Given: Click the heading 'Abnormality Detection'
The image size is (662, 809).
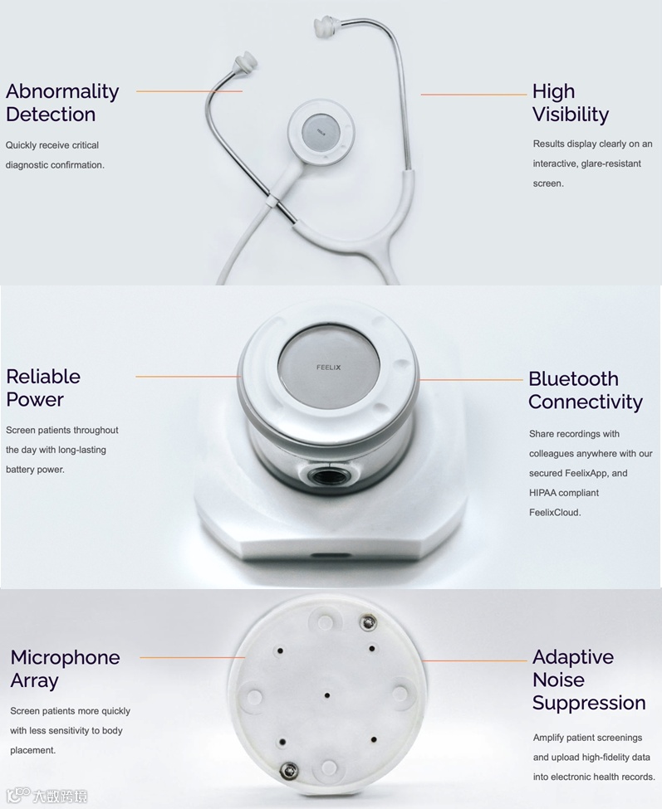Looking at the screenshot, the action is point(62,102).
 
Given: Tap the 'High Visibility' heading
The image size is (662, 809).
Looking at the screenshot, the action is point(571,102).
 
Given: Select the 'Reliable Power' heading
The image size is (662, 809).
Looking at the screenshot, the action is point(43,387).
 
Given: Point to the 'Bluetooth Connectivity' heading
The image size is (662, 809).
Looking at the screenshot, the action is point(586,390).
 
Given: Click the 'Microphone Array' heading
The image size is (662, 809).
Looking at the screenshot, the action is point(65,669).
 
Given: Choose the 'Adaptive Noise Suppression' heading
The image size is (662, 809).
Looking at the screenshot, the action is point(589,680).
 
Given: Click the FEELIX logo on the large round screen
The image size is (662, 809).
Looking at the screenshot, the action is point(328,368).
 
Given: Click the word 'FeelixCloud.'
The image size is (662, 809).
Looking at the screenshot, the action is point(555,512).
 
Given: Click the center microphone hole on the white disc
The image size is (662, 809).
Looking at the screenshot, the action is point(327,695).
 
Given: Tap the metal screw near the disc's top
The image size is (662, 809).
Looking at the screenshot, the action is point(367,623).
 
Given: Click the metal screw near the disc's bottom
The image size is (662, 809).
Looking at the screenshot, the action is point(288,772).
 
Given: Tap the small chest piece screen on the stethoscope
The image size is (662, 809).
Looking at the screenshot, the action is point(321,132).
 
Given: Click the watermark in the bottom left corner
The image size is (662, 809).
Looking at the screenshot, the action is point(47,795).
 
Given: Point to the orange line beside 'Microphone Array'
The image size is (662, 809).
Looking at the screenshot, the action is point(192,657).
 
